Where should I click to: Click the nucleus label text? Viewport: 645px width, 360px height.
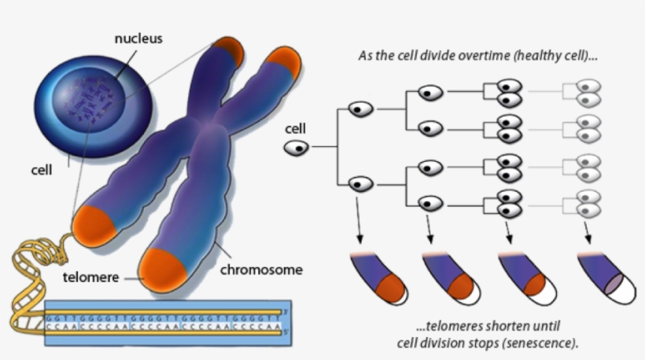[138, 38]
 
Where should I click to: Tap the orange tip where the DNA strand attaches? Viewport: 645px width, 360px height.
[94, 225]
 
